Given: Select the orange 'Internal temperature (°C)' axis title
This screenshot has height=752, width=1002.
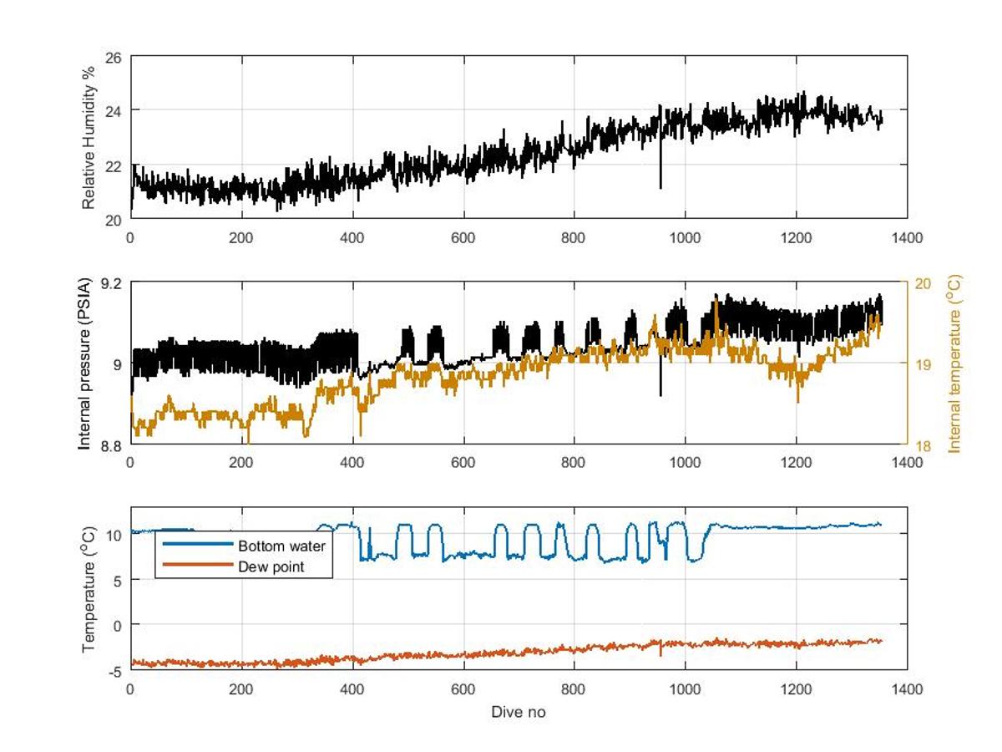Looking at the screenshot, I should (954, 363).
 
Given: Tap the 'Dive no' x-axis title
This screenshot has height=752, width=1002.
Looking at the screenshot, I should (518, 712).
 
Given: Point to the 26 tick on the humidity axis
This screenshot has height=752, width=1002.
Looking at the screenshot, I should (114, 57).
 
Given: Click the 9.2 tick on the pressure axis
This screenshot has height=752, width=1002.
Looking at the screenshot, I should (111, 282).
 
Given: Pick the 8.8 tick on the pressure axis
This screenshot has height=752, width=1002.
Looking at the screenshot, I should (111, 445).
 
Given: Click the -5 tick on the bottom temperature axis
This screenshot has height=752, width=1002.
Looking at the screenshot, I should (115, 670).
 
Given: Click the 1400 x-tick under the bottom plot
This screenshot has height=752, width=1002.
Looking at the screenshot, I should (907, 689).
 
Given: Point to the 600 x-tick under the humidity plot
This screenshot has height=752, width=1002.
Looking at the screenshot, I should (463, 237).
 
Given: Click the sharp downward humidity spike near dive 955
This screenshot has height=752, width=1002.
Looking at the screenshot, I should (660, 185).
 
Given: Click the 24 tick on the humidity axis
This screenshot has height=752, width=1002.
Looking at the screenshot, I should (114, 110).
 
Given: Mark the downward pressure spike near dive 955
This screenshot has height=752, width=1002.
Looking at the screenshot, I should (660, 393).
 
